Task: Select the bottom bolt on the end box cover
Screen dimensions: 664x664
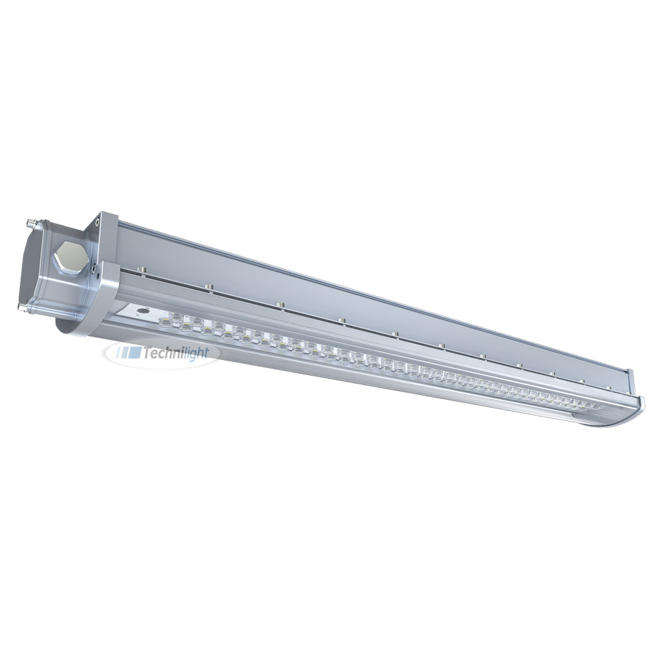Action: tap(23, 307)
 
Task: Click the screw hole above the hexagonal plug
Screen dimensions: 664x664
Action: tap(98, 220)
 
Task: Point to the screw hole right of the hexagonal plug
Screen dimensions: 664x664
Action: tap(90, 267)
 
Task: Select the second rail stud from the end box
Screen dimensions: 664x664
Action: tap(208, 288)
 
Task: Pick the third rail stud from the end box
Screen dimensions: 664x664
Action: tap(279, 305)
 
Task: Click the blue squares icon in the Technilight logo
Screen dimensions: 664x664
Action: tap(129, 353)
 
